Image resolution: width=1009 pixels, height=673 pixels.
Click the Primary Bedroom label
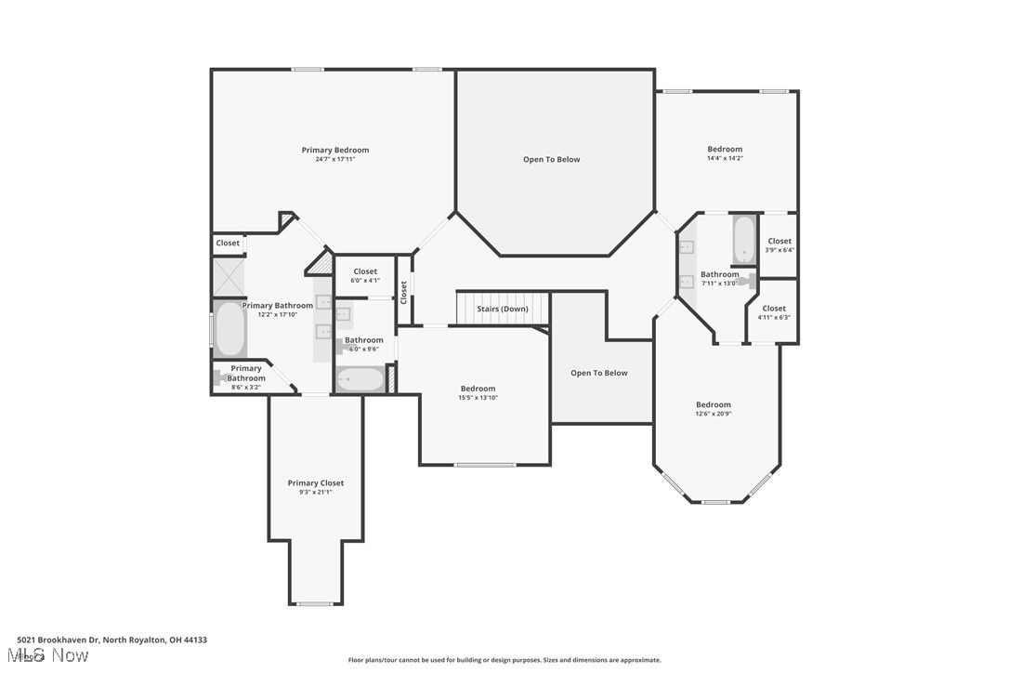334,150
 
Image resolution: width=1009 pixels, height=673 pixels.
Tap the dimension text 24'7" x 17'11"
334,159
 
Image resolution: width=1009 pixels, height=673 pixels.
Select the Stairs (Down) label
502,309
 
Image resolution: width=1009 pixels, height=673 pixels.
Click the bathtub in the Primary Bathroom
229,329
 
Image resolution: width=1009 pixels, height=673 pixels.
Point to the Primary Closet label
315,482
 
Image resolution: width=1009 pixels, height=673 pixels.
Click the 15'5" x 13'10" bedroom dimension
478,398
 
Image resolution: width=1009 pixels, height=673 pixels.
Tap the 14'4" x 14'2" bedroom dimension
725,158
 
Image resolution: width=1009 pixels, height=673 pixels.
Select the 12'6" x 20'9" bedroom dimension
713,414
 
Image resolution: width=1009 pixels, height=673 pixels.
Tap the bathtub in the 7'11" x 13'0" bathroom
744,240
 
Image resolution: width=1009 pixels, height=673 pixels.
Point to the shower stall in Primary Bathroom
229,277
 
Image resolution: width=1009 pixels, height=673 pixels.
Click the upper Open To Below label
551,159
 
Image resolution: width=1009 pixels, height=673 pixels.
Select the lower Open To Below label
598,373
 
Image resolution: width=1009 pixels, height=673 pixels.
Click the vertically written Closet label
403,292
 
